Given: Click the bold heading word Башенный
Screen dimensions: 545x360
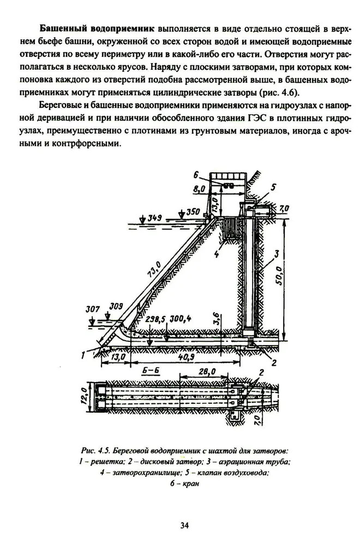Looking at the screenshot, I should [x=65, y=27].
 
